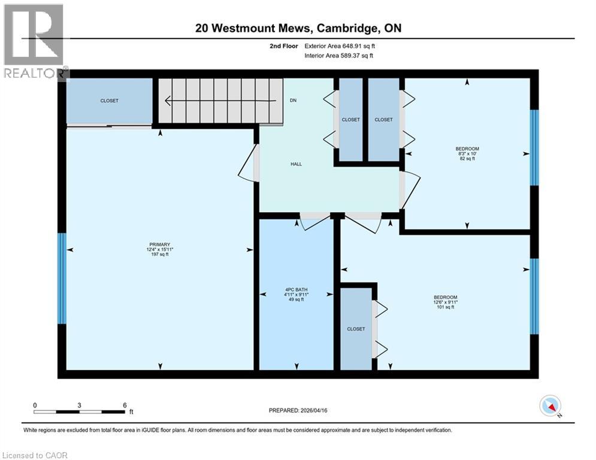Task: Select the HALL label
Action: click(x=296, y=164)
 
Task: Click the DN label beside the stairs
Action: click(x=293, y=101)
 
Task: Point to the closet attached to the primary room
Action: click(x=109, y=101)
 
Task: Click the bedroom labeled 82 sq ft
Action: click(x=467, y=153)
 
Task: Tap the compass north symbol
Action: click(x=550, y=406)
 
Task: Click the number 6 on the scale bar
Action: click(x=124, y=405)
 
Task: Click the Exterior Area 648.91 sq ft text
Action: click(x=340, y=46)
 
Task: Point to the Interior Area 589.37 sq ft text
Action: click(x=340, y=56)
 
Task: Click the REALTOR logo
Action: click(x=34, y=42)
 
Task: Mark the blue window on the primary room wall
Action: click(x=62, y=278)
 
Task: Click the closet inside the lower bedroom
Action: click(x=356, y=329)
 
